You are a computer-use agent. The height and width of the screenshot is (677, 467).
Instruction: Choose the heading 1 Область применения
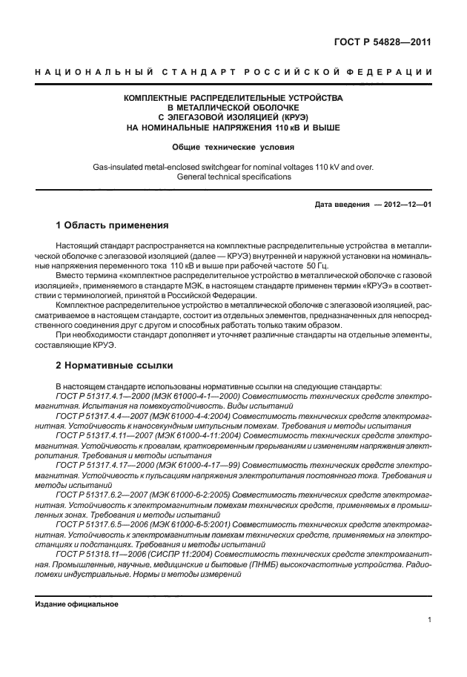(113, 225)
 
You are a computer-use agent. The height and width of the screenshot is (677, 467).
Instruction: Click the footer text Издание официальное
(77, 604)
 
